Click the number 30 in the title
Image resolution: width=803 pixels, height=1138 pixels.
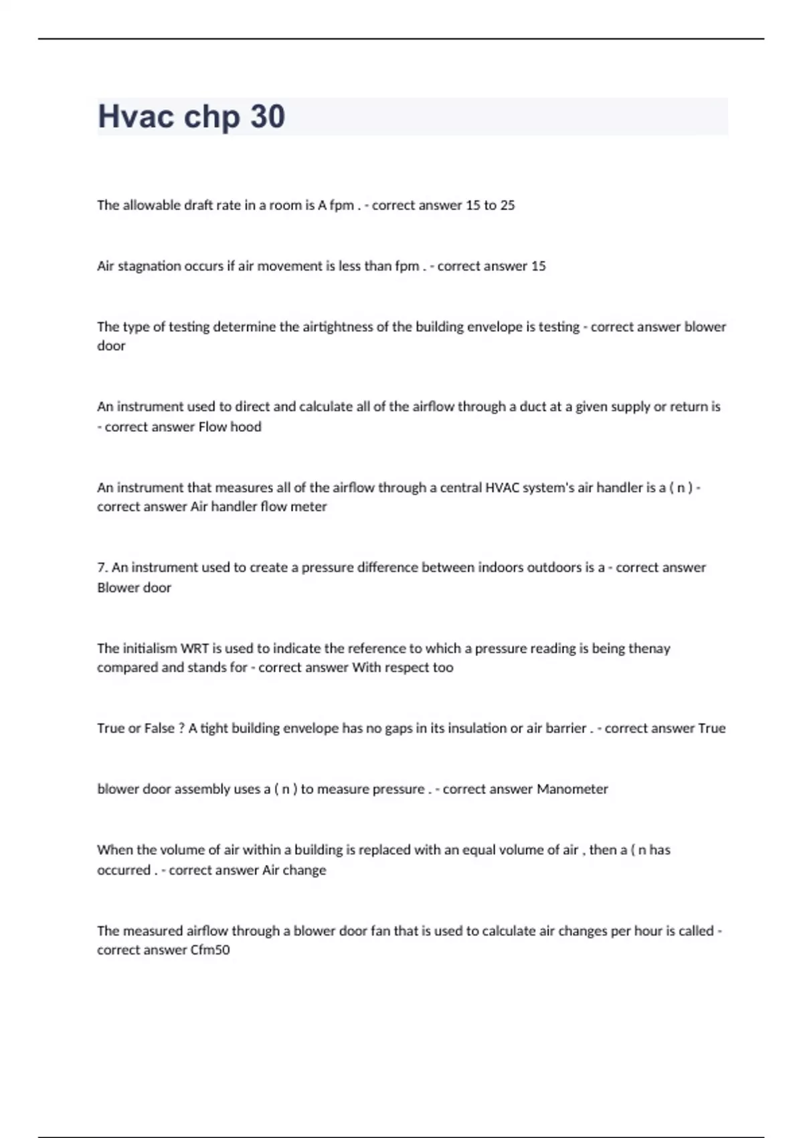(268, 116)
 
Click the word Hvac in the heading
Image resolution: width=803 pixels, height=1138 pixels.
(136, 116)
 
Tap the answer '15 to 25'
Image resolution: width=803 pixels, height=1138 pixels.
(490, 206)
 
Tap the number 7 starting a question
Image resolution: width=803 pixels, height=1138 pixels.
(102, 568)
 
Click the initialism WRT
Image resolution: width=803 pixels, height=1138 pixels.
(195, 649)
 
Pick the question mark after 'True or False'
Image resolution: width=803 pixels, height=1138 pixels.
(181, 728)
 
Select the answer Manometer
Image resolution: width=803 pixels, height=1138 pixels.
(572, 789)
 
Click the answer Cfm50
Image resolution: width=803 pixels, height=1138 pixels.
(210, 950)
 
